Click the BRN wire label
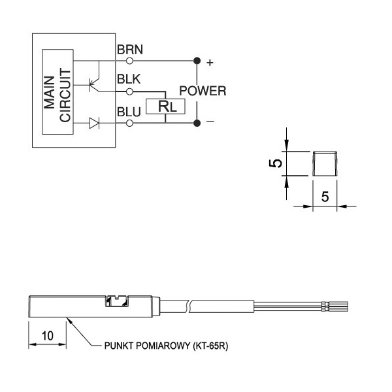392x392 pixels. (130, 50)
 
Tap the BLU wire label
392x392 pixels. (128, 112)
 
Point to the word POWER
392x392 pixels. (203, 91)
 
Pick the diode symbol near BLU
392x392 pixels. (94, 122)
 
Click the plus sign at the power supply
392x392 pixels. (210, 63)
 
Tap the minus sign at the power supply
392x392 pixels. (210, 122)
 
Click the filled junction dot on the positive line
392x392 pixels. (197, 61)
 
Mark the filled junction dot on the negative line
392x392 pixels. (197, 122)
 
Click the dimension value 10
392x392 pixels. (47, 335)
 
